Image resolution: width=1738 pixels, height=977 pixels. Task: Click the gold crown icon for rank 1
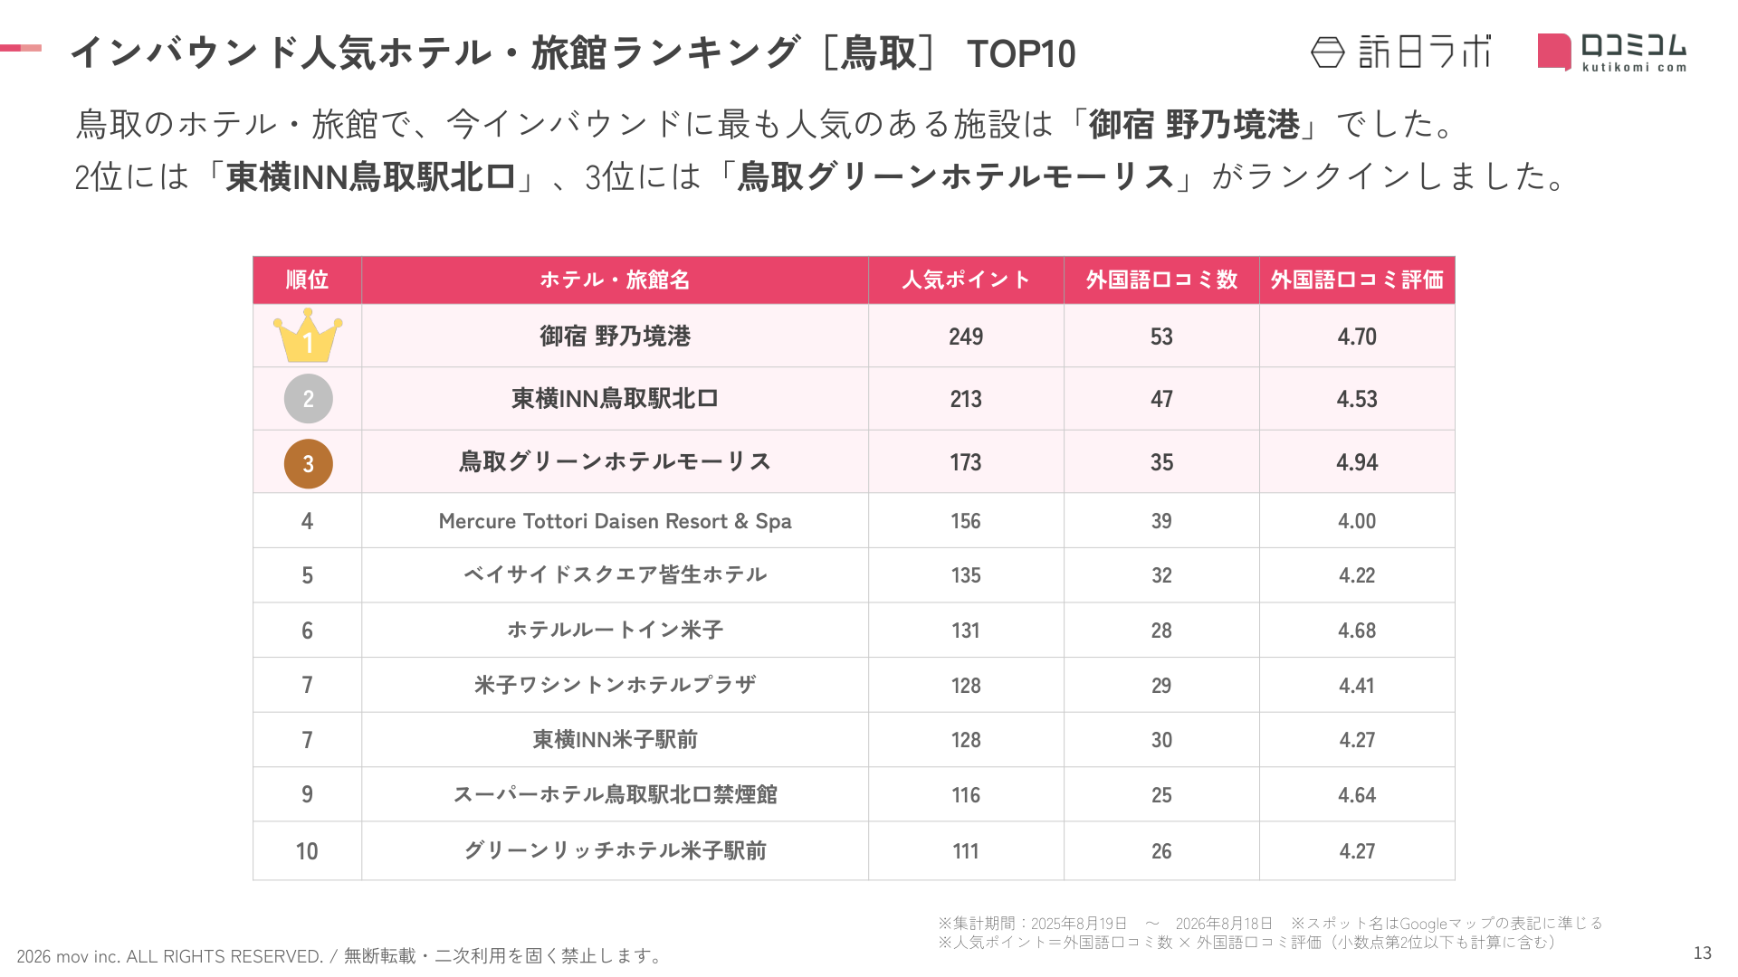pyautogui.click(x=308, y=336)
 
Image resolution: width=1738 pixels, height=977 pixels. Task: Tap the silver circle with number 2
pyautogui.click(x=308, y=399)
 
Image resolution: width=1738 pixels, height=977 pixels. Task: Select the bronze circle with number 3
pyautogui.click(x=308, y=463)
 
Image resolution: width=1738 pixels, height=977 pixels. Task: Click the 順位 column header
pyautogui.click(x=307, y=280)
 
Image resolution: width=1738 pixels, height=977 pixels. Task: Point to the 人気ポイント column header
pyautogui.click(x=966, y=280)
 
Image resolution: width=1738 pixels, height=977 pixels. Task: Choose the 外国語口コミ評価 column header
pyautogui.click(x=1357, y=280)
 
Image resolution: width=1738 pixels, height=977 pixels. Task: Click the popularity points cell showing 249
pyautogui.click(x=966, y=337)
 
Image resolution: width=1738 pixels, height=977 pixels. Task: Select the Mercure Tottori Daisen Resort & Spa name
pyautogui.click(x=615, y=521)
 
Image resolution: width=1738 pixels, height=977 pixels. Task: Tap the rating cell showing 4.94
pyautogui.click(x=1357, y=462)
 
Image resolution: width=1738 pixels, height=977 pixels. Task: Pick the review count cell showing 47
pyautogui.click(x=1161, y=399)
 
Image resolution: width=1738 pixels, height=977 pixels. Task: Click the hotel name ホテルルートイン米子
pyautogui.click(x=615, y=630)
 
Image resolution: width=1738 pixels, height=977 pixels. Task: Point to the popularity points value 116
pyautogui.click(x=966, y=795)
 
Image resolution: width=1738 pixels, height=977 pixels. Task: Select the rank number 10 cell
pyautogui.click(x=307, y=851)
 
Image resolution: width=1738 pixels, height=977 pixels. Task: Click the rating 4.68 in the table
pyautogui.click(x=1357, y=631)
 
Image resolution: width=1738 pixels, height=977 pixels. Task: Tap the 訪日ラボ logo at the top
pyautogui.click(x=1400, y=52)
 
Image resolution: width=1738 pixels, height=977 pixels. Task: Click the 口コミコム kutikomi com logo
pyautogui.click(x=1612, y=52)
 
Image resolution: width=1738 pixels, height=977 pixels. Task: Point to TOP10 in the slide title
pyautogui.click(x=1021, y=54)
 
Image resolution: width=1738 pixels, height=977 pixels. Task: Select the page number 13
pyautogui.click(x=1702, y=953)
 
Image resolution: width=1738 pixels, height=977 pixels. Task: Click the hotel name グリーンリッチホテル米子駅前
pyautogui.click(x=615, y=850)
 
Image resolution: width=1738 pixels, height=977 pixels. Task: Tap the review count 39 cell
pyautogui.click(x=1161, y=521)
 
